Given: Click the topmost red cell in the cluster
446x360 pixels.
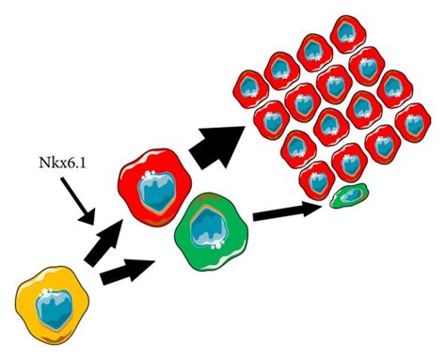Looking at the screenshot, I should (x=312, y=52).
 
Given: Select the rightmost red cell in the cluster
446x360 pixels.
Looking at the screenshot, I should (x=414, y=122).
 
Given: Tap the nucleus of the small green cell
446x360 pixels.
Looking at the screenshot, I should (x=349, y=196).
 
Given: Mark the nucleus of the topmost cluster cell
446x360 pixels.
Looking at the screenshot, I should (x=312, y=52).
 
